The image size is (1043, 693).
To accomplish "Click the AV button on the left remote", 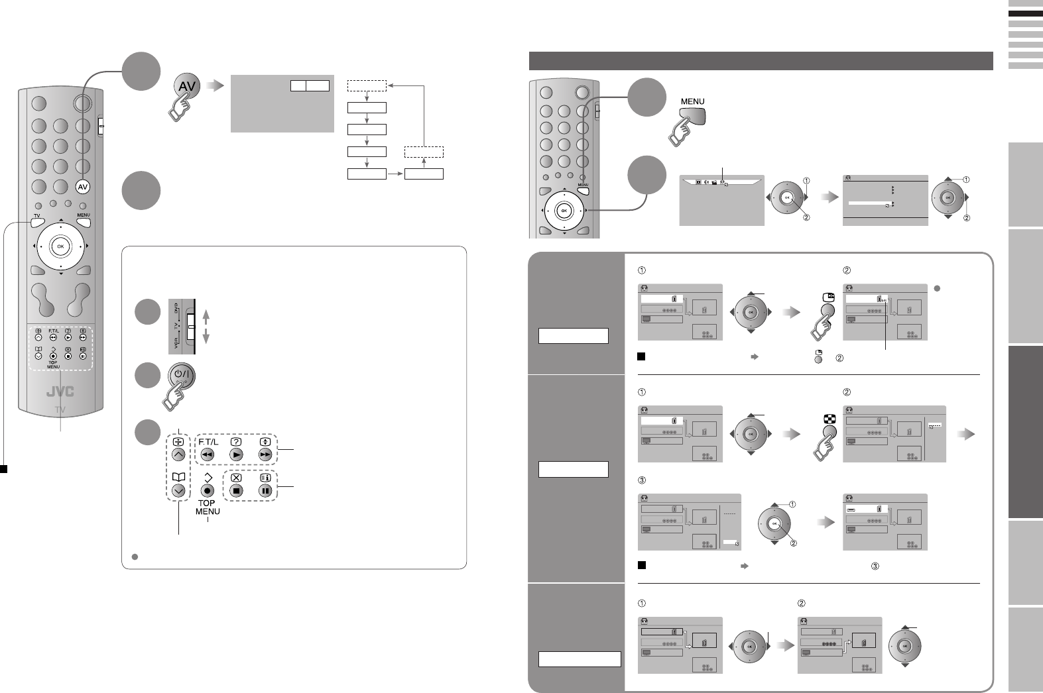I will [x=83, y=187].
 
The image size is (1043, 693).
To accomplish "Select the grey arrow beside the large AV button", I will [x=214, y=85].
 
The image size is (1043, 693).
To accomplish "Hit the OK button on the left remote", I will [x=60, y=246].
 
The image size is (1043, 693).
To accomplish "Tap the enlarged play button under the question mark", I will [x=237, y=454].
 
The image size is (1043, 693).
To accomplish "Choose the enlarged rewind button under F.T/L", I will [x=208, y=454].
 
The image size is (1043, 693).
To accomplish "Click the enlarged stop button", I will [x=237, y=491].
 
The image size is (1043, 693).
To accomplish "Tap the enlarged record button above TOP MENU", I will [x=208, y=491].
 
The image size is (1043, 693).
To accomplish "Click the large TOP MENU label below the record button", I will [x=208, y=507].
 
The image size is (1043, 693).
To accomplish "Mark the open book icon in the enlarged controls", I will [x=178, y=476].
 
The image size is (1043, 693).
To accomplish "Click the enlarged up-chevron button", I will [x=178, y=454].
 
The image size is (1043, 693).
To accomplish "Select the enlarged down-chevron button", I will [x=178, y=491].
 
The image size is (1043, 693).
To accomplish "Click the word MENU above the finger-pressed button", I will [x=692, y=101].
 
